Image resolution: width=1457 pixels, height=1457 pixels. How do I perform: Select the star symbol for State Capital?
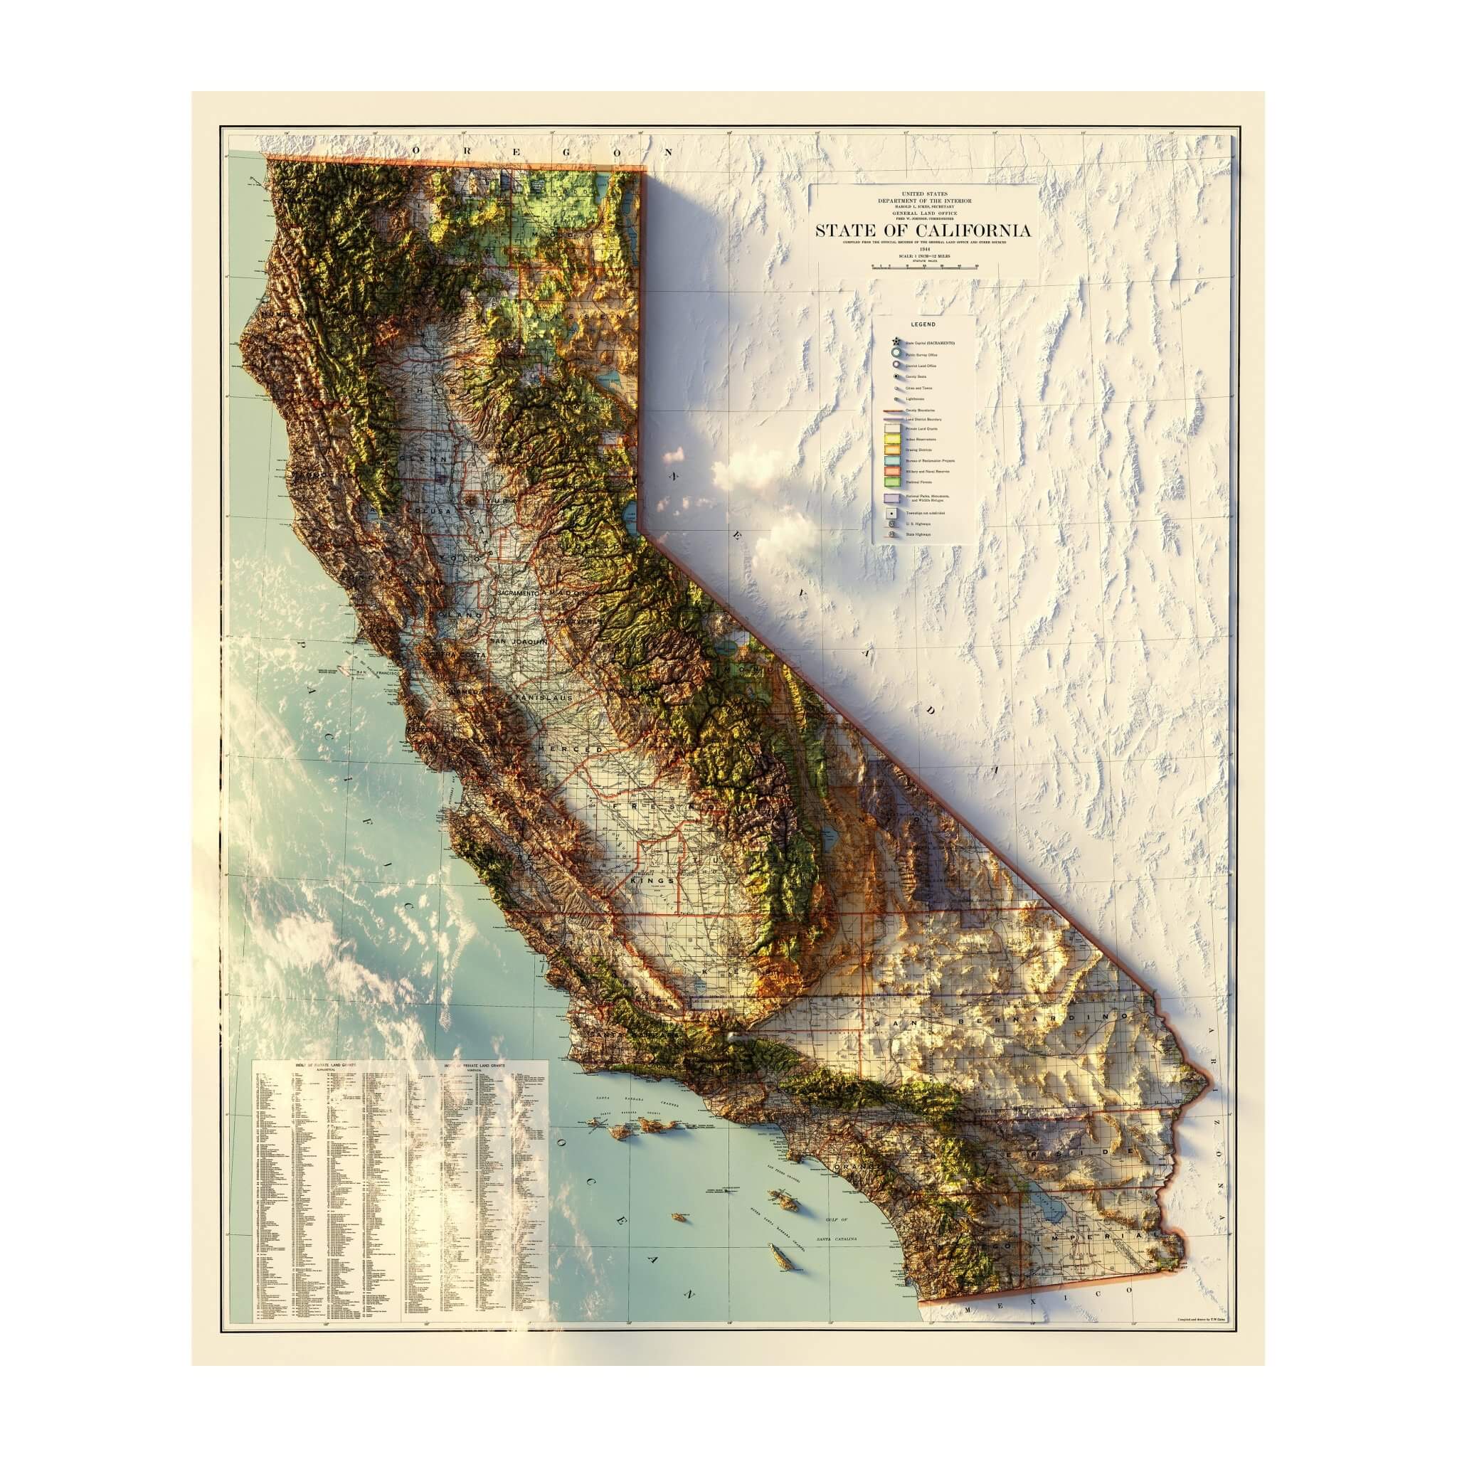tap(895, 341)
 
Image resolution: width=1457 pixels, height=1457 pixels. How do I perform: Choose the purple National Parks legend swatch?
tap(894, 498)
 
